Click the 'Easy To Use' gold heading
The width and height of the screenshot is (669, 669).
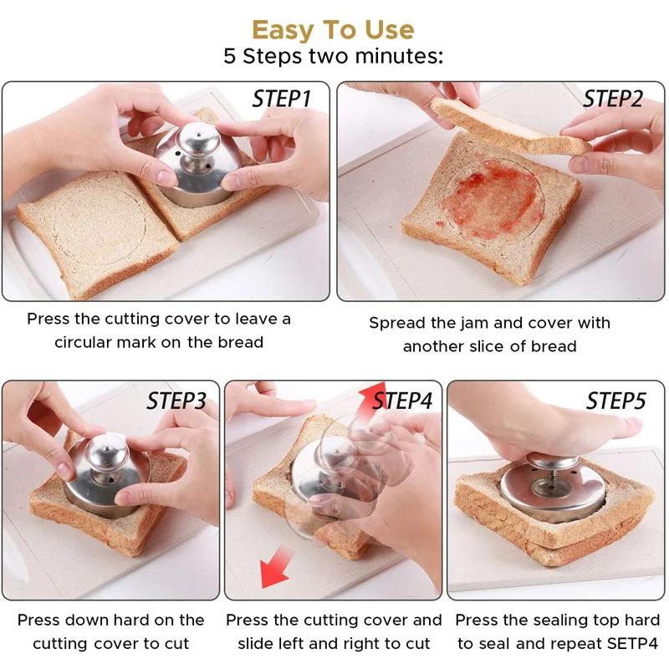tap(333, 30)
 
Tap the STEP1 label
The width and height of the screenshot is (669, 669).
tap(282, 100)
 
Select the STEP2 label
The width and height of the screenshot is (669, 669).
tap(613, 99)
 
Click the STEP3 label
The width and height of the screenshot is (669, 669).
tap(176, 401)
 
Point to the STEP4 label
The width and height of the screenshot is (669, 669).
tap(403, 401)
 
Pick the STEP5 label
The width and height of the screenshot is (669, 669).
tap(616, 401)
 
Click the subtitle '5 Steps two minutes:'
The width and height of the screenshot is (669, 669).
tap(333, 57)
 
